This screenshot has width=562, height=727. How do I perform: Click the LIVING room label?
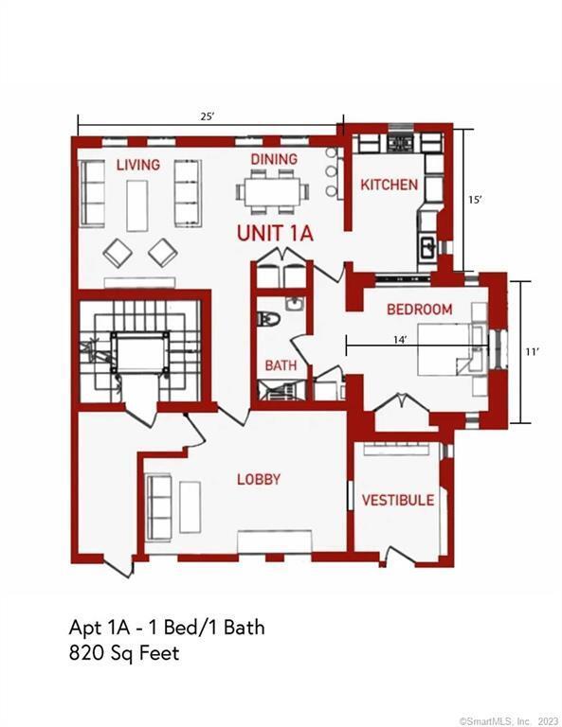coord(137,165)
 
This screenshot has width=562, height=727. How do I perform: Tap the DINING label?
coord(274,159)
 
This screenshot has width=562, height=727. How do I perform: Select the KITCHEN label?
coord(389,185)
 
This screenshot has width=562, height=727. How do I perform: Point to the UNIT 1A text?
coord(275,233)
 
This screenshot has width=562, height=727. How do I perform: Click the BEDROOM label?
coord(419,310)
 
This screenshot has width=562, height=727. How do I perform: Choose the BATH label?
coord(281,365)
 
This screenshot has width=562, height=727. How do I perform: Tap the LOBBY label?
coord(259,479)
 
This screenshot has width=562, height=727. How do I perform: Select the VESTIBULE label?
coord(398,500)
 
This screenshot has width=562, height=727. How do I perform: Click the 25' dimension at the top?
coord(207,116)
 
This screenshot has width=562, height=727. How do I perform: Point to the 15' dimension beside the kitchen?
coord(475,200)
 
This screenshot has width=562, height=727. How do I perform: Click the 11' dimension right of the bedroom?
coord(532,352)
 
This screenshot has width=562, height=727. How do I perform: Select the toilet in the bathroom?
coord(269,319)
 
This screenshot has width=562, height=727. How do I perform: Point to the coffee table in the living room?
coord(136,205)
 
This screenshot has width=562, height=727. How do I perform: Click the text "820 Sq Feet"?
coord(124,653)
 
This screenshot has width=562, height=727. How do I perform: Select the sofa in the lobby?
coord(158,506)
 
